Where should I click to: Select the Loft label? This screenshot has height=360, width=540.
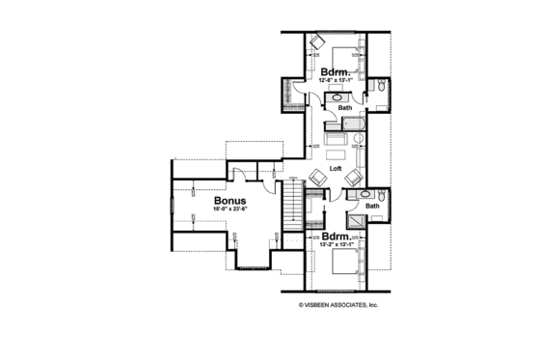(x=336, y=168)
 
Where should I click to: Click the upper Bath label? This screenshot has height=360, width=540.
(x=344, y=109)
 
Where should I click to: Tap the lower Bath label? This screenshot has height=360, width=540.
(x=371, y=206)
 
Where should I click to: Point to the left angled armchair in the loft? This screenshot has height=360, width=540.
(x=317, y=177)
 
